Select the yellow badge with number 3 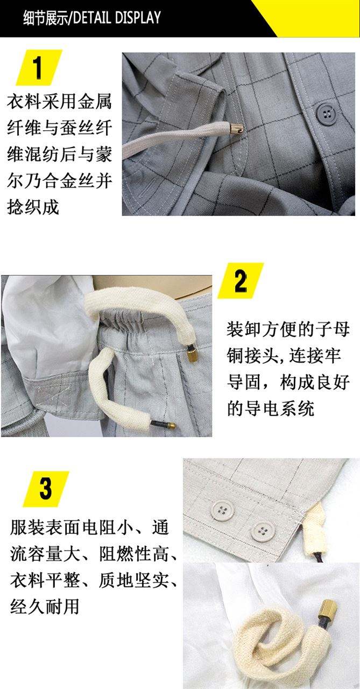(x=46, y=489)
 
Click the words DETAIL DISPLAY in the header (x=117, y=18)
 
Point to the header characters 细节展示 (x=45, y=18)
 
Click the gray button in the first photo (x=325, y=114)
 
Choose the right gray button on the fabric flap (x=261, y=530)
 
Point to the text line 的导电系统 (x=270, y=409)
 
